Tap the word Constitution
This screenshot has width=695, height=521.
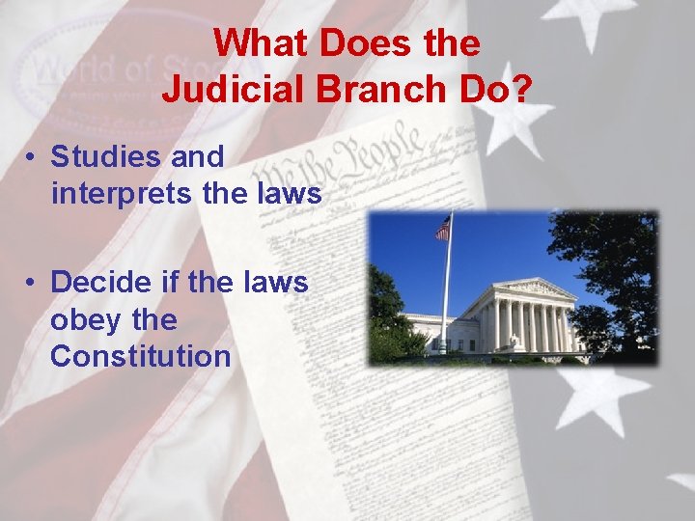(141, 356)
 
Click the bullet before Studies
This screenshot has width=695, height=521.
(33, 157)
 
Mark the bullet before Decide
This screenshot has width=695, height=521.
(33, 284)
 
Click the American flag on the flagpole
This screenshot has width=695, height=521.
(443, 228)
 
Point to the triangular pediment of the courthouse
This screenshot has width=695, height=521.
(533, 288)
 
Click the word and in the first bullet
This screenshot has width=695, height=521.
(198, 156)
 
